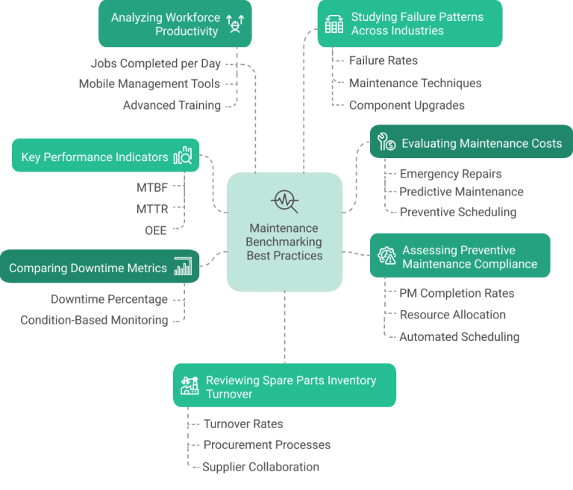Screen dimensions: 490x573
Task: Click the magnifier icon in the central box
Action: click(x=285, y=201)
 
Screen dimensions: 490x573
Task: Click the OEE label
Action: click(x=155, y=230)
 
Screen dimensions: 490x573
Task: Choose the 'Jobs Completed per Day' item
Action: click(x=155, y=63)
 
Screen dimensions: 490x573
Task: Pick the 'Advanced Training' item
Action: click(x=172, y=105)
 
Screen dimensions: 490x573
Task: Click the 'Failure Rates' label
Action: click(x=383, y=60)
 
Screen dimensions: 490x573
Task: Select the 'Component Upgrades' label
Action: click(x=407, y=105)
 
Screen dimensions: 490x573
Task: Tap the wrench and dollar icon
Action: click(x=386, y=142)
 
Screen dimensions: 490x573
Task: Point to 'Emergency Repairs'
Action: click(x=450, y=174)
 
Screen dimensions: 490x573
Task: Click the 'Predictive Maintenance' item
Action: click(x=461, y=192)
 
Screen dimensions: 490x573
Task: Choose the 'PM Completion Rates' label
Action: click(x=457, y=293)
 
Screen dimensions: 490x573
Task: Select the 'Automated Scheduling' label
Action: click(x=459, y=336)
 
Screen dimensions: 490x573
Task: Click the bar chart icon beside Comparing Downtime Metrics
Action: click(x=183, y=267)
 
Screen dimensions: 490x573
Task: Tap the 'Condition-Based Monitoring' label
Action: click(x=94, y=320)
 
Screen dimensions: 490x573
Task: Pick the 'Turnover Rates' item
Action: click(x=242, y=424)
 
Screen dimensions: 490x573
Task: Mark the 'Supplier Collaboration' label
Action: click(x=260, y=467)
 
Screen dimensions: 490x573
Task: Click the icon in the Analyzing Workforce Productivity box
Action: click(x=235, y=25)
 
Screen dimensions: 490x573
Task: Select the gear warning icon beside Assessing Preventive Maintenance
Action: click(x=386, y=256)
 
